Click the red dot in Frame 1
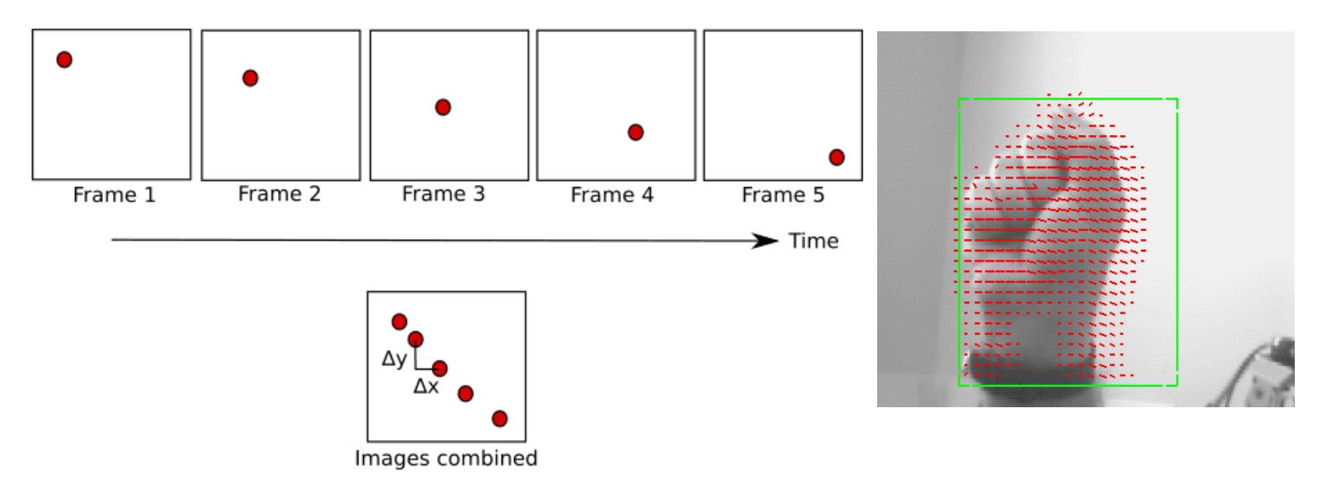click(63, 60)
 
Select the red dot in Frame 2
click(250, 78)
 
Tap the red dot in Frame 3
click(443, 107)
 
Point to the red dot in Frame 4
click(636, 132)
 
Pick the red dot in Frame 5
click(837, 158)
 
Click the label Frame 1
click(114, 195)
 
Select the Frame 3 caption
click(444, 193)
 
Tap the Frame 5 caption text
click(783, 194)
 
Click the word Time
click(814, 241)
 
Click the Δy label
click(394, 360)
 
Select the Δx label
click(426, 388)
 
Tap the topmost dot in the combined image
click(400, 321)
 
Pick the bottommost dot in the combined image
click(500, 419)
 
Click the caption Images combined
click(446, 459)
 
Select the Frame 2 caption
click(279, 193)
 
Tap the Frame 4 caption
click(613, 194)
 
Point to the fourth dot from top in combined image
click(465, 393)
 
